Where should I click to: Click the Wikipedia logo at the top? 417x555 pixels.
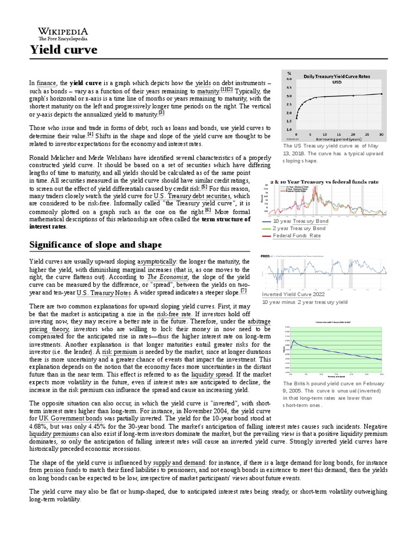[62, 33]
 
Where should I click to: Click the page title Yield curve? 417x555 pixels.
[63, 50]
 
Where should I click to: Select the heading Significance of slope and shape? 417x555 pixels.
[95, 245]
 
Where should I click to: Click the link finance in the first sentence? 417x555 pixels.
[46, 83]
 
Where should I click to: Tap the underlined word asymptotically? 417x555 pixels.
[153, 262]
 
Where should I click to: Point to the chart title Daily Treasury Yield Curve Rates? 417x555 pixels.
[336, 76]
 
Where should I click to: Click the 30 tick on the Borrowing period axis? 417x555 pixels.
[381, 134]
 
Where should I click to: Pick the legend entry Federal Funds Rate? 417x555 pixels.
[296, 236]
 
